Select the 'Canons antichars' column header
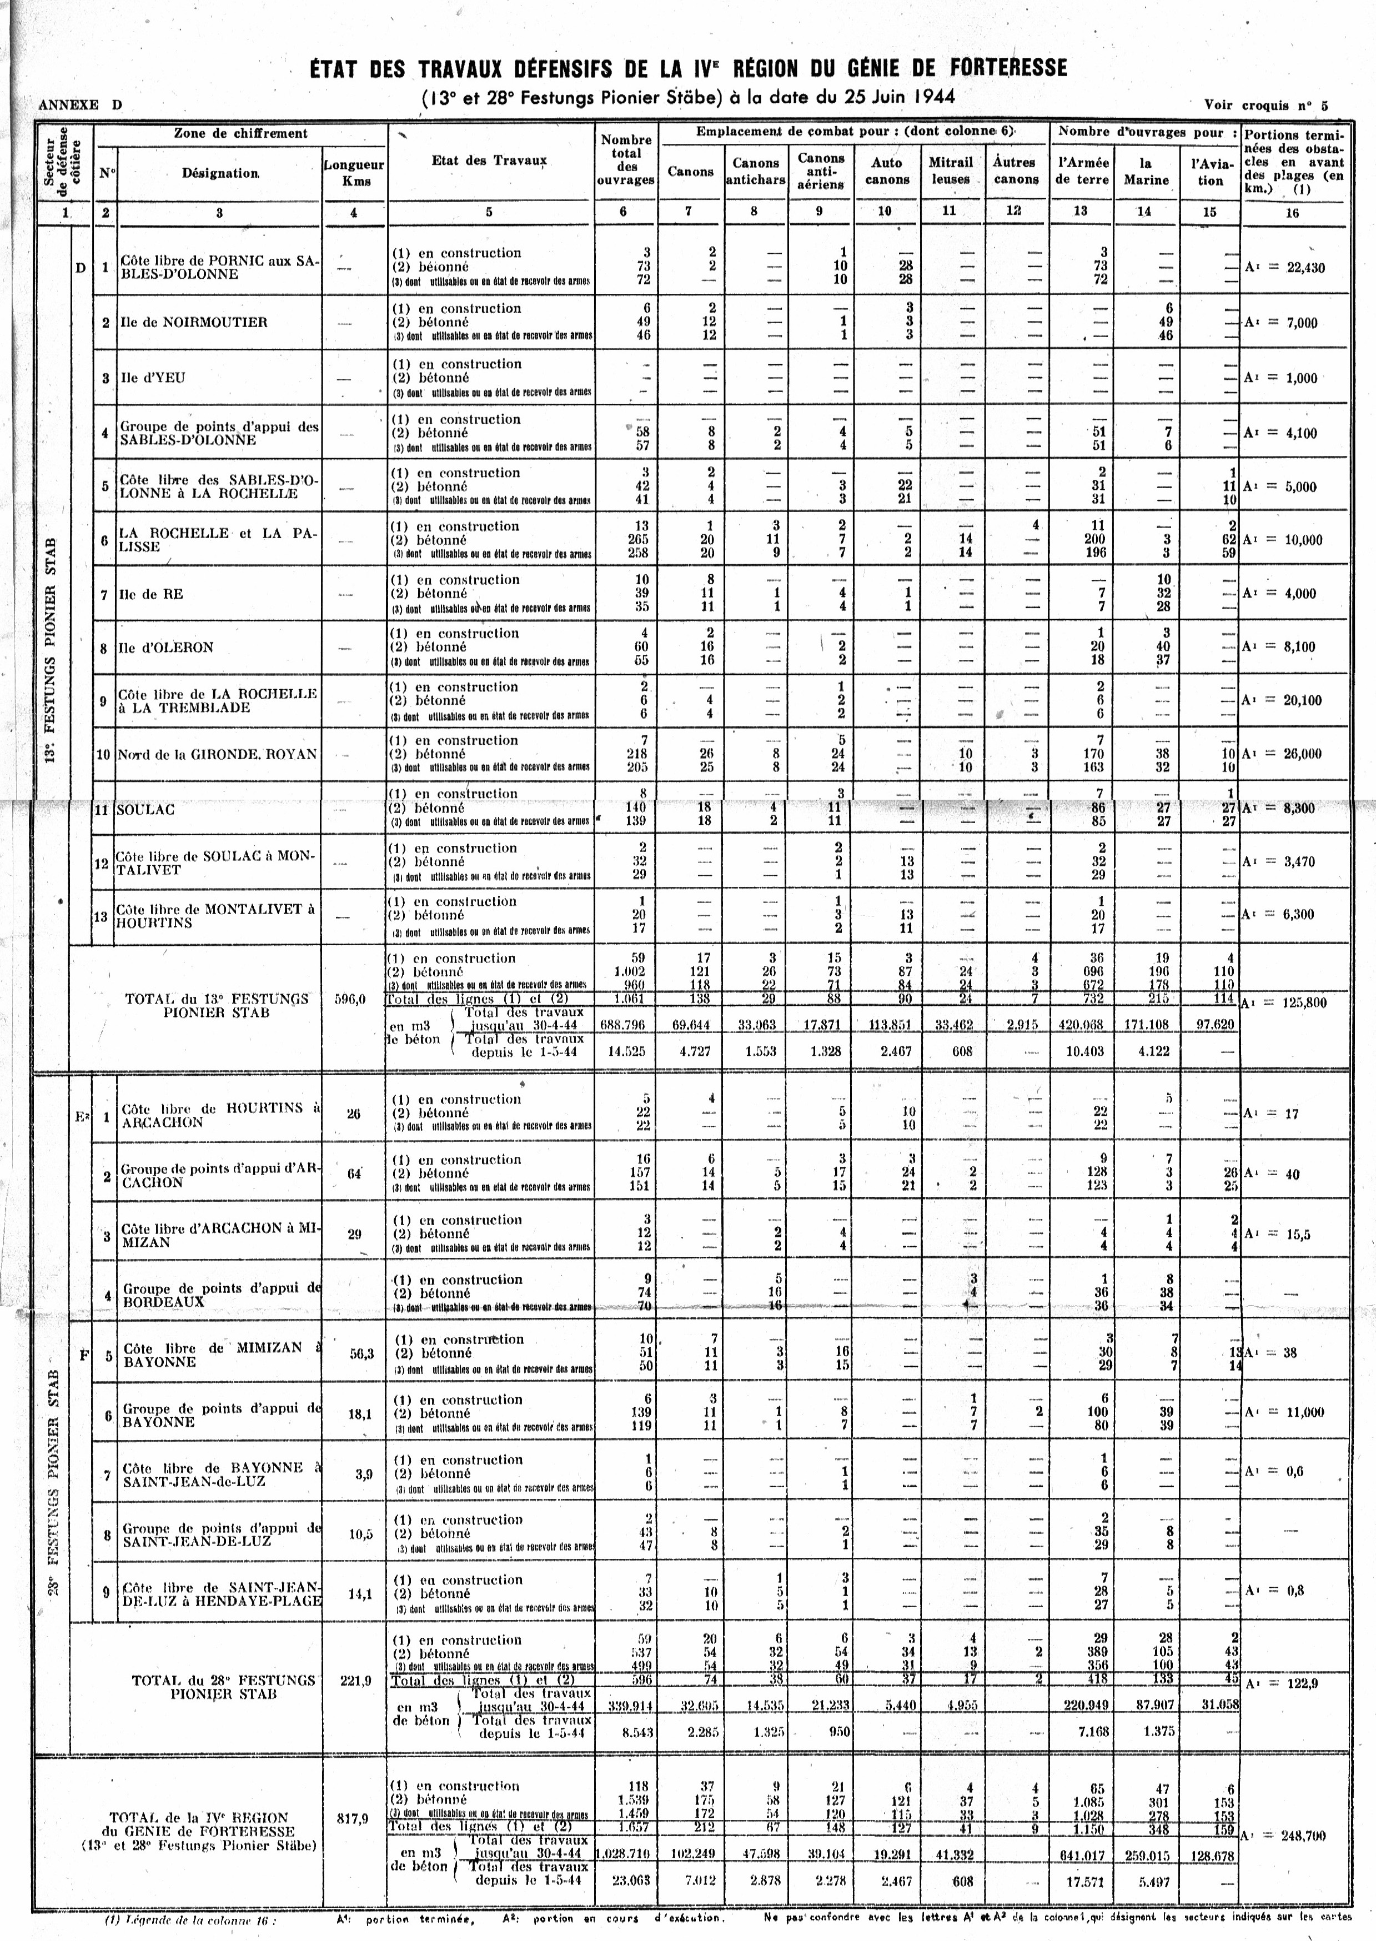tap(755, 171)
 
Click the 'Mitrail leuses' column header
tap(951, 171)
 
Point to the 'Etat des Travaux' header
tap(489, 160)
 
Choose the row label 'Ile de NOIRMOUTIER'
tap(194, 322)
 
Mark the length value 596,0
tap(350, 1000)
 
